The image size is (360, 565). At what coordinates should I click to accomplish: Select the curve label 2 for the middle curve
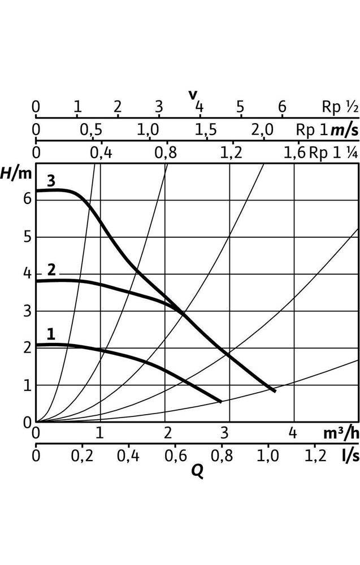coord(51,270)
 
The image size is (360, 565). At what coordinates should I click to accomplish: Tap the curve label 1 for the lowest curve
coord(51,334)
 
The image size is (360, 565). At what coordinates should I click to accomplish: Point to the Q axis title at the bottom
coord(197,470)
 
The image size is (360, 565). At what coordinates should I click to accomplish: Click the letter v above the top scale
coord(193,94)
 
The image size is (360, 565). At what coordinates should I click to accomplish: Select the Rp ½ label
coord(340,107)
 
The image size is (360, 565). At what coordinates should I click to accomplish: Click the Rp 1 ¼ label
coord(333,153)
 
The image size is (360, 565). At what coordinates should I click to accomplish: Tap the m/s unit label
coord(344,130)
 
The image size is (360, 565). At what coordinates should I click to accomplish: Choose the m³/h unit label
coord(341,433)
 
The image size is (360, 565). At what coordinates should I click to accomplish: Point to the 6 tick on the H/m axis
coord(25,199)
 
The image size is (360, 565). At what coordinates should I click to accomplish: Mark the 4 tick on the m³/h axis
coord(293,433)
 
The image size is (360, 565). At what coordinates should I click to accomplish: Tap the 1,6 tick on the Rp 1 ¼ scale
coord(294,153)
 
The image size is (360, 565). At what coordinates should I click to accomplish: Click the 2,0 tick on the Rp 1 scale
coord(262,130)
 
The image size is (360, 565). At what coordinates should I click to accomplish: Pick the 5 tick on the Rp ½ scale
coord(240,107)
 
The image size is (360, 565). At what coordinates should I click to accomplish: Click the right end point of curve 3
coord(275,390)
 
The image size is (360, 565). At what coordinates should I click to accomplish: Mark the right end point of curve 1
coord(220,401)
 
